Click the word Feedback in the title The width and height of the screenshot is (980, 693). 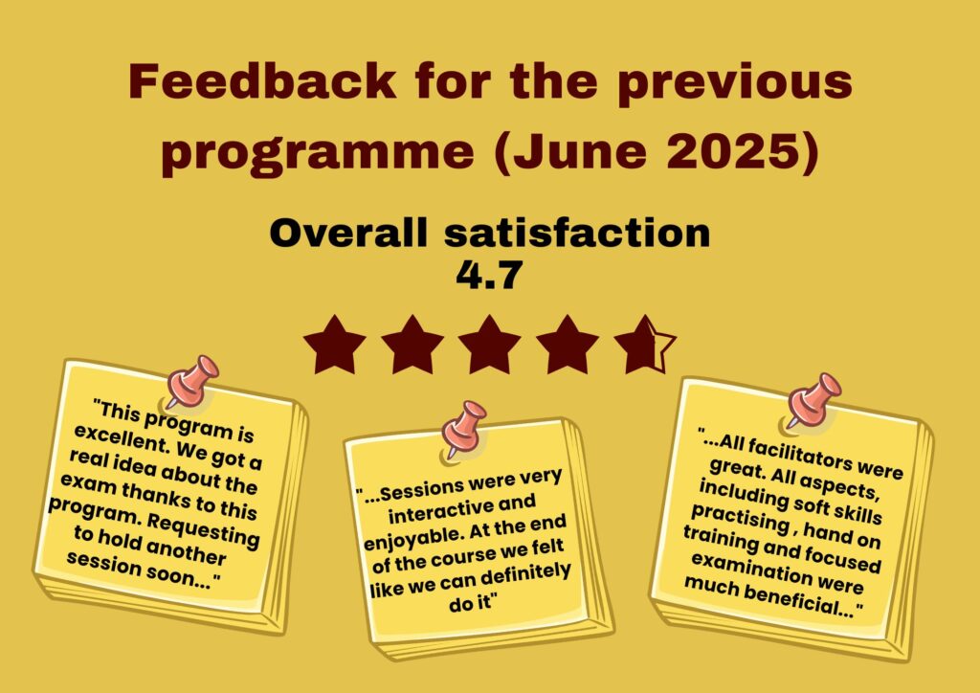tap(262, 81)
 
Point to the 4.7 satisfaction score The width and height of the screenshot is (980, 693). tap(488, 276)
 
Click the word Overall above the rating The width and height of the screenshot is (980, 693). tap(348, 234)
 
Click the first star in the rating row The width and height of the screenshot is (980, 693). tap(334, 345)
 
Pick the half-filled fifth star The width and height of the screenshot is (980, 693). tap(645, 345)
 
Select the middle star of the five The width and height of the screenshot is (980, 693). tap(489, 345)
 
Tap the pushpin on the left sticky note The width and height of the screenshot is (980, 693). tap(191, 381)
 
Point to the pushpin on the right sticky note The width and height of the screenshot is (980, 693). tap(813, 400)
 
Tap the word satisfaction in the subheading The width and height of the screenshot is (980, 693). tap(577, 234)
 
